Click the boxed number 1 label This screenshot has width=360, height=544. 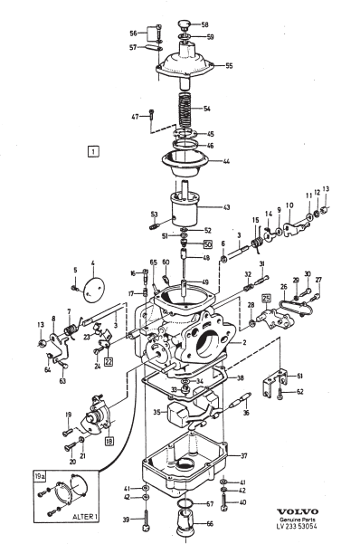[93, 151]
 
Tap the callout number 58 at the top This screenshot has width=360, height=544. [204, 24]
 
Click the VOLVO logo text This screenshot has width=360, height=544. [298, 511]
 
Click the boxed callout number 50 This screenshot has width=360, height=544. [207, 244]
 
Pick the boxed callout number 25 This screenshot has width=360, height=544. [266, 298]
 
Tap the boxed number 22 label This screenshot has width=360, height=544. [109, 361]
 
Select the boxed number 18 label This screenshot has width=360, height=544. [109, 442]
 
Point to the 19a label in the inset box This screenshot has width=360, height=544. [40, 476]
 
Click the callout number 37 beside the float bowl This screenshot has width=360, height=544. [244, 455]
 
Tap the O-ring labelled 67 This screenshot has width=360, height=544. [185, 503]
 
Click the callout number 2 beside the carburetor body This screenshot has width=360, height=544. [244, 343]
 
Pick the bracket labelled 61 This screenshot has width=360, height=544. [274, 383]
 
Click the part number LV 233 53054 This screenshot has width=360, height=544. [297, 526]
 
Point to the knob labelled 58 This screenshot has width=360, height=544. [185, 24]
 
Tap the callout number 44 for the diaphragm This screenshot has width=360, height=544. [226, 161]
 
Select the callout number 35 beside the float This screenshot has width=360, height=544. [157, 412]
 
